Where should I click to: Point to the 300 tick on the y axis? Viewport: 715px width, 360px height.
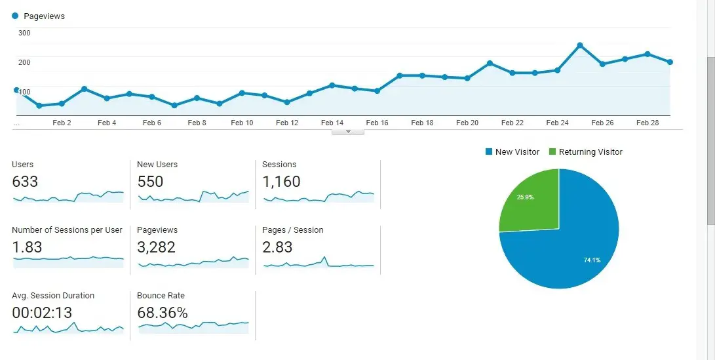point(24,33)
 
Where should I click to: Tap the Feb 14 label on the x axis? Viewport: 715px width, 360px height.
point(332,123)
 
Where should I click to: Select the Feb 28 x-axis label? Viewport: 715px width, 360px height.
point(647,123)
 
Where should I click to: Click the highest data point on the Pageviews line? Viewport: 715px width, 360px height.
point(580,45)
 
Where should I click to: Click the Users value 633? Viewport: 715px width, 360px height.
point(25,182)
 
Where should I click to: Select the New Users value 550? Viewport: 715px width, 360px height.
point(150,182)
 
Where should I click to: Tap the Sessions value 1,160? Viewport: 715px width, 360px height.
point(281,182)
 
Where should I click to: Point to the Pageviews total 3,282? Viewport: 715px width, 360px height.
point(156,247)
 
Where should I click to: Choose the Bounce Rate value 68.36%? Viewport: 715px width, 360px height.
point(163,313)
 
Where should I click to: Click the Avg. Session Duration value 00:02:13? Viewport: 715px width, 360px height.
point(42,313)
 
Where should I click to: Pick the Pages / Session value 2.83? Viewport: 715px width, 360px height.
point(277,247)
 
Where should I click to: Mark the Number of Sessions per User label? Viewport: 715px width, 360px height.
point(67,230)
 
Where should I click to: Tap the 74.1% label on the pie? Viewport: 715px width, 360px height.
point(592,260)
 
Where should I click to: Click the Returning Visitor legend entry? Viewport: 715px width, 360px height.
point(590,152)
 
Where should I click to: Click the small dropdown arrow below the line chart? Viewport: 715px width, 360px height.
point(349,132)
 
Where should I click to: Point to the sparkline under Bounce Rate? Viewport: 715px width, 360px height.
point(193,325)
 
